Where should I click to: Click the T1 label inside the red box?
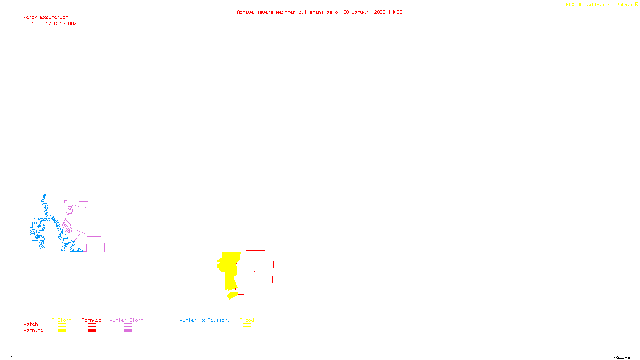click(254, 273)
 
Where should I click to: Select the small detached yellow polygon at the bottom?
click(232, 296)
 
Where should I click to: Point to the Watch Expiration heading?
click(46, 18)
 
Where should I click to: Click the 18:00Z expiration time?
click(68, 24)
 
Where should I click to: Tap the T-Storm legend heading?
click(62, 320)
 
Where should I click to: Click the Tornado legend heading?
click(92, 320)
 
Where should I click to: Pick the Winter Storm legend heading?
click(126, 320)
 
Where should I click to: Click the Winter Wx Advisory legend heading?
click(205, 320)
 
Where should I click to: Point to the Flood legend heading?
click(247, 320)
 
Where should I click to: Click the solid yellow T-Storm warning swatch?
click(62, 331)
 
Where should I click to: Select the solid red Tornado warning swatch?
click(92, 331)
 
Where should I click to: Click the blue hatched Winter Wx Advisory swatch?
click(204, 331)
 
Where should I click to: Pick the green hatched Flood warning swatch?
click(247, 331)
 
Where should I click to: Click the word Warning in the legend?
click(34, 330)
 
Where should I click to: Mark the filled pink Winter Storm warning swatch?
click(128, 331)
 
